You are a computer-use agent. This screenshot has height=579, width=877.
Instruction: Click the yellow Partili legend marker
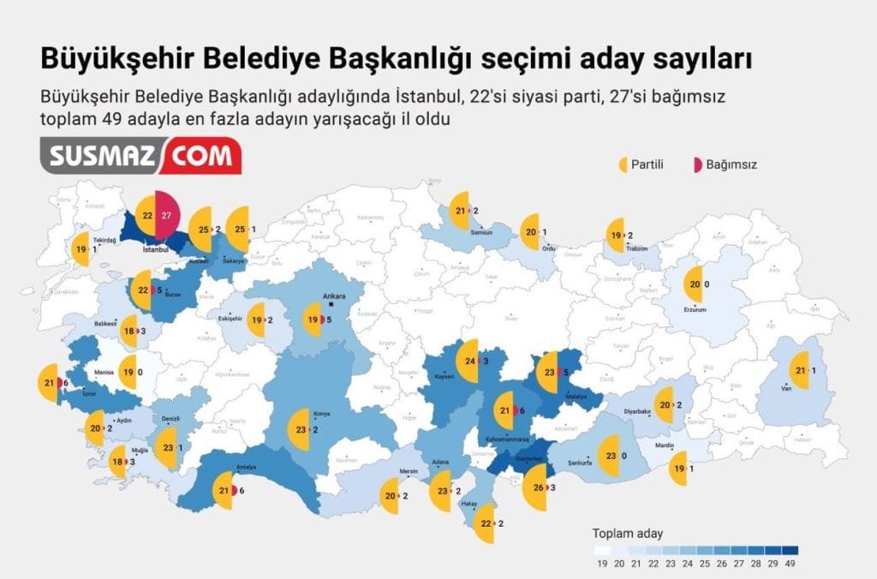(x=623, y=164)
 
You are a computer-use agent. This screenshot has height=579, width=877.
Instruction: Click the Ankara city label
(x=333, y=297)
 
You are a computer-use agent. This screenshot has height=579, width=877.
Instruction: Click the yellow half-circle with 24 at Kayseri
(x=467, y=361)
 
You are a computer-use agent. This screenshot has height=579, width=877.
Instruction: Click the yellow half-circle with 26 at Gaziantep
(x=535, y=487)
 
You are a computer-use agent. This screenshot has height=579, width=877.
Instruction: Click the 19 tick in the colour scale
(x=601, y=563)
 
